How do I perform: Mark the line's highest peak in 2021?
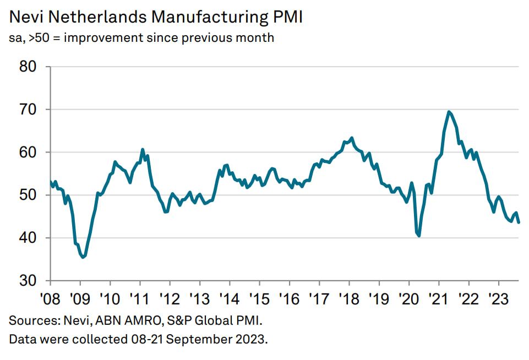coord(450,112)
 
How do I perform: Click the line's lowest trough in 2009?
coord(83,257)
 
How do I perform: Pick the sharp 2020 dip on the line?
coord(419,236)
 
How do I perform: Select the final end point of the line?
coord(519,222)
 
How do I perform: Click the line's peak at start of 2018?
coord(351,138)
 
